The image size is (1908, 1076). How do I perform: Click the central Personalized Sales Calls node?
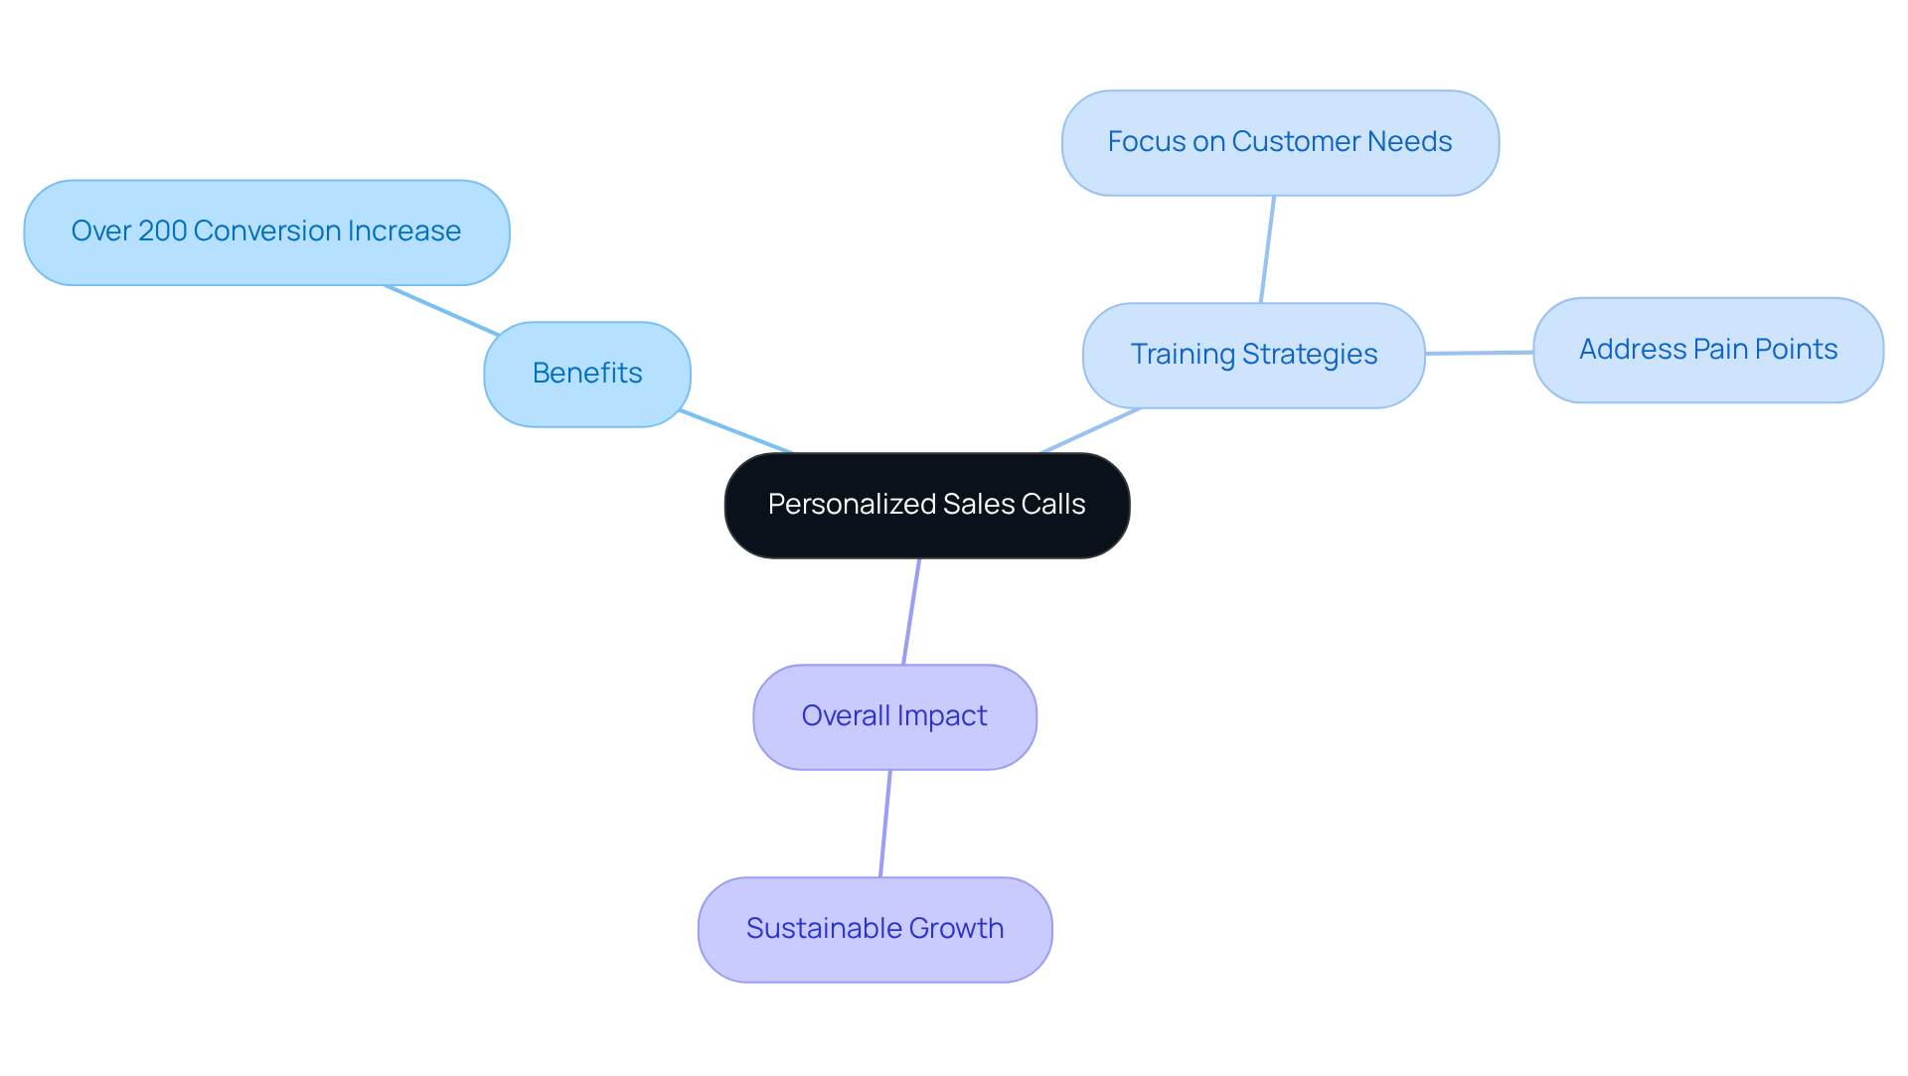(x=926, y=505)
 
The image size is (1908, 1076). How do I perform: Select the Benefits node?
(x=586, y=374)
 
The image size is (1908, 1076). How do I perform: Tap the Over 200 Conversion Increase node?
(x=266, y=231)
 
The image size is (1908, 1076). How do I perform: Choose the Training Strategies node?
(x=1253, y=355)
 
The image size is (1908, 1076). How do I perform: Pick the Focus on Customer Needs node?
(x=1280, y=142)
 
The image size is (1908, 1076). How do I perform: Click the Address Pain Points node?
(x=1707, y=350)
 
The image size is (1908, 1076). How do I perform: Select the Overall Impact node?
(x=894, y=716)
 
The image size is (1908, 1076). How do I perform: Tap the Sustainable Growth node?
(x=874, y=929)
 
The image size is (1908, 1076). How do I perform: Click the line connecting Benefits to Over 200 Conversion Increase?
(x=441, y=310)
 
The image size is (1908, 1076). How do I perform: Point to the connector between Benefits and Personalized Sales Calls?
(x=736, y=431)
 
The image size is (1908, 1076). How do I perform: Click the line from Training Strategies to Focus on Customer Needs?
(x=1267, y=249)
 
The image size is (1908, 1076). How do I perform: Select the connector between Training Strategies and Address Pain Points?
(x=1479, y=353)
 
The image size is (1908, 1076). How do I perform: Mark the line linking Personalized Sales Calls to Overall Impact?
(x=911, y=611)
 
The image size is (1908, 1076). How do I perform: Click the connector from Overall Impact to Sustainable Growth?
(x=885, y=823)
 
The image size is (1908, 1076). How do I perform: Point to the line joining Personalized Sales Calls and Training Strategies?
(x=1091, y=430)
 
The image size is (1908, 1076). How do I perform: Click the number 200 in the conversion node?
(x=163, y=231)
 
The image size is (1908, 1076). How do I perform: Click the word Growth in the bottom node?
(x=956, y=929)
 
